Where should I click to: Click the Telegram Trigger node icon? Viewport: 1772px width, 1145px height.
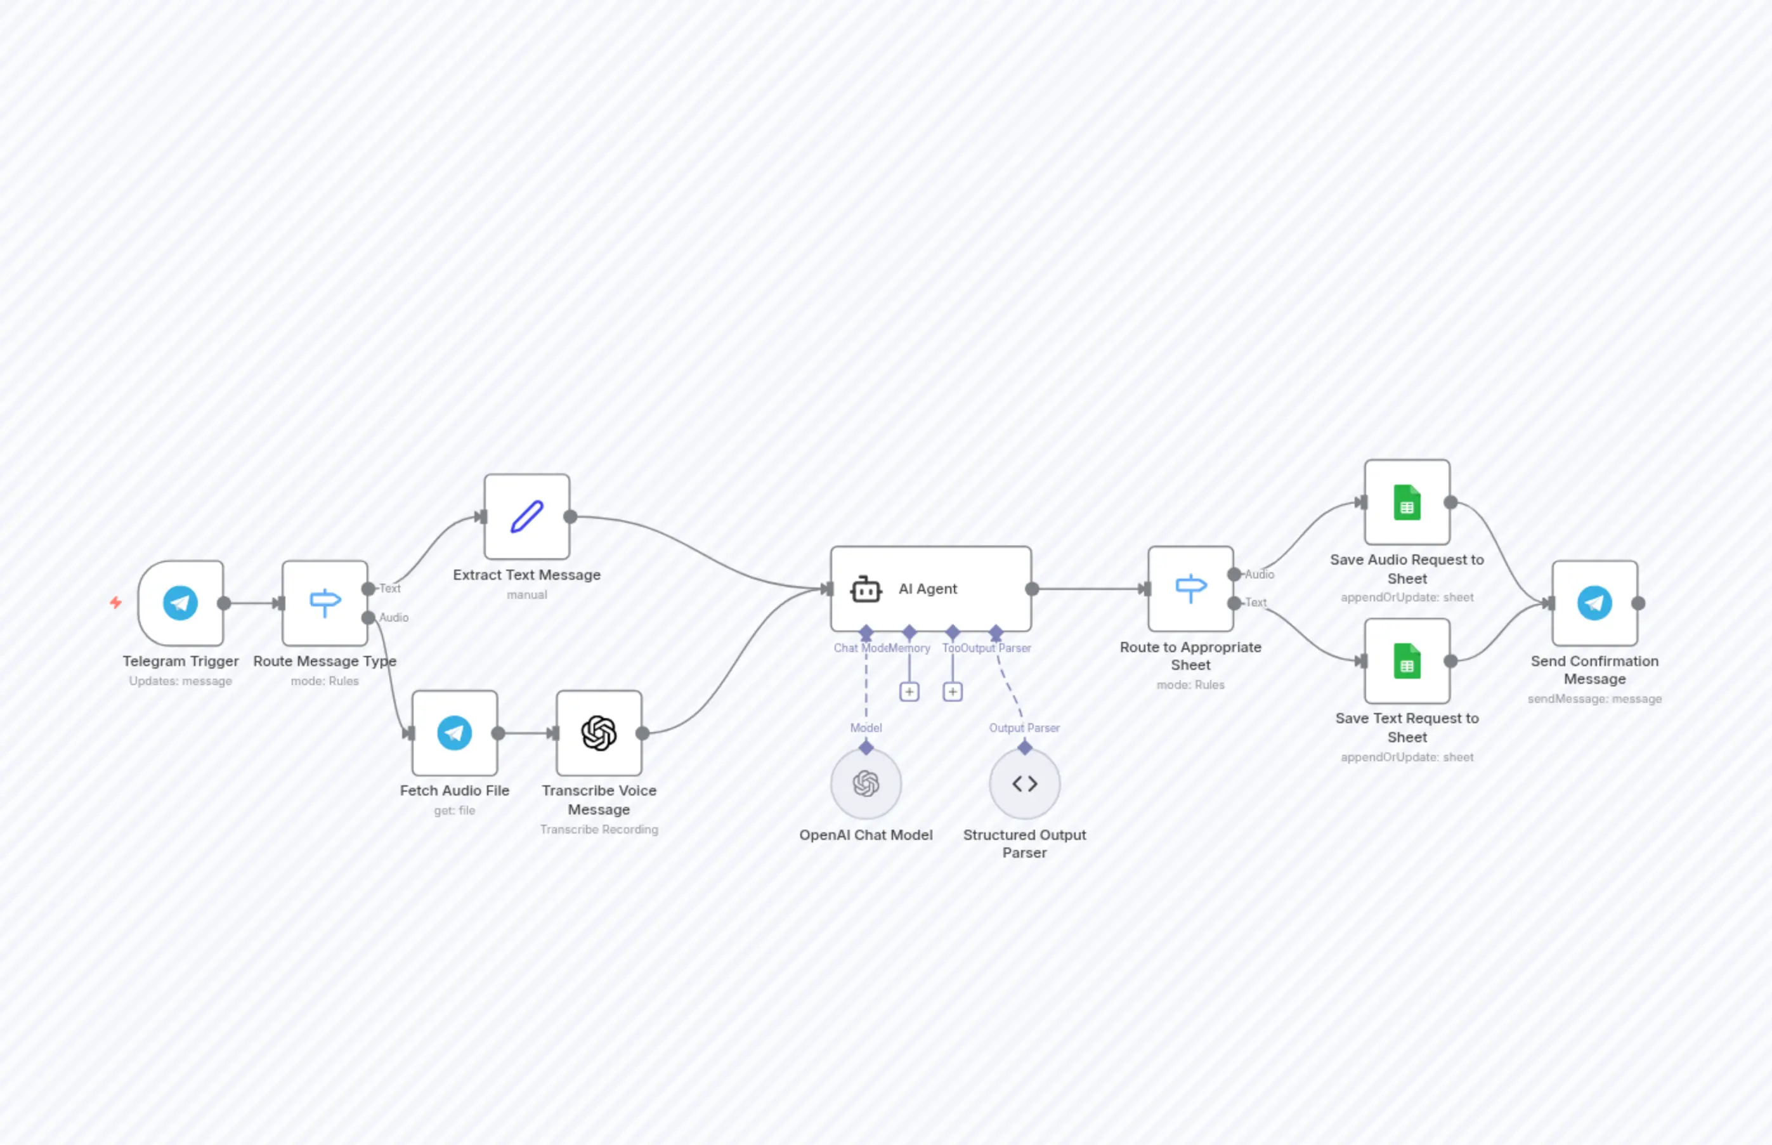point(181,603)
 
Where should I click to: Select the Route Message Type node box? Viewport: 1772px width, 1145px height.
point(325,603)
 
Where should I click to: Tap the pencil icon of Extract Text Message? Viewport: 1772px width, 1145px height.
point(527,517)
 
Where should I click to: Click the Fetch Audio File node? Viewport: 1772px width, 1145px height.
point(454,733)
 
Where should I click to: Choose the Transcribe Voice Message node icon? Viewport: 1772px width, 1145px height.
point(599,733)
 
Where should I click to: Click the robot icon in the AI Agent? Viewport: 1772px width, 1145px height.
point(866,589)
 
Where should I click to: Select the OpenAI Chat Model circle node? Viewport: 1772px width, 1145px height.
point(866,783)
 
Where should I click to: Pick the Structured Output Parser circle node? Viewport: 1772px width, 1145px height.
point(1024,783)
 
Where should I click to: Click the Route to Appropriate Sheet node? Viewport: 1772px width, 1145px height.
point(1190,589)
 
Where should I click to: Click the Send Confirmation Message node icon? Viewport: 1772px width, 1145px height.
point(1594,603)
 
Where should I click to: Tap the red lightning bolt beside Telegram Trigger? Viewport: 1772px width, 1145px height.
point(116,602)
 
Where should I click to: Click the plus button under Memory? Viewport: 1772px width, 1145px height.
point(909,692)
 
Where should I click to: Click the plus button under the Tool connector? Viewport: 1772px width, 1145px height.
point(952,692)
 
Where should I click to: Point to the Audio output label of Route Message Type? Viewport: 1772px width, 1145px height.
point(394,618)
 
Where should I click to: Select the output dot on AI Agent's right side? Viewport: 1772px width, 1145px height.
point(1032,589)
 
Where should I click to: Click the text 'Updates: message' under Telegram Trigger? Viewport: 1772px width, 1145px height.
point(181,681)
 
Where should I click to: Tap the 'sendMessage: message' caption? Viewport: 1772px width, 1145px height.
point(1594,699)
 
